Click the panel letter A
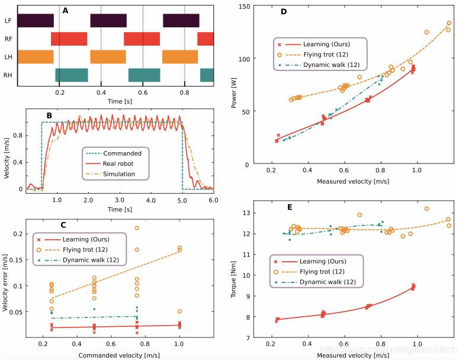[66, 10]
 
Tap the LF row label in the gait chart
[9, 21]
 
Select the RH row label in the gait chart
[9, 75]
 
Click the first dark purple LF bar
[36, 21]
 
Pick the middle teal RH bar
[144, 75]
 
